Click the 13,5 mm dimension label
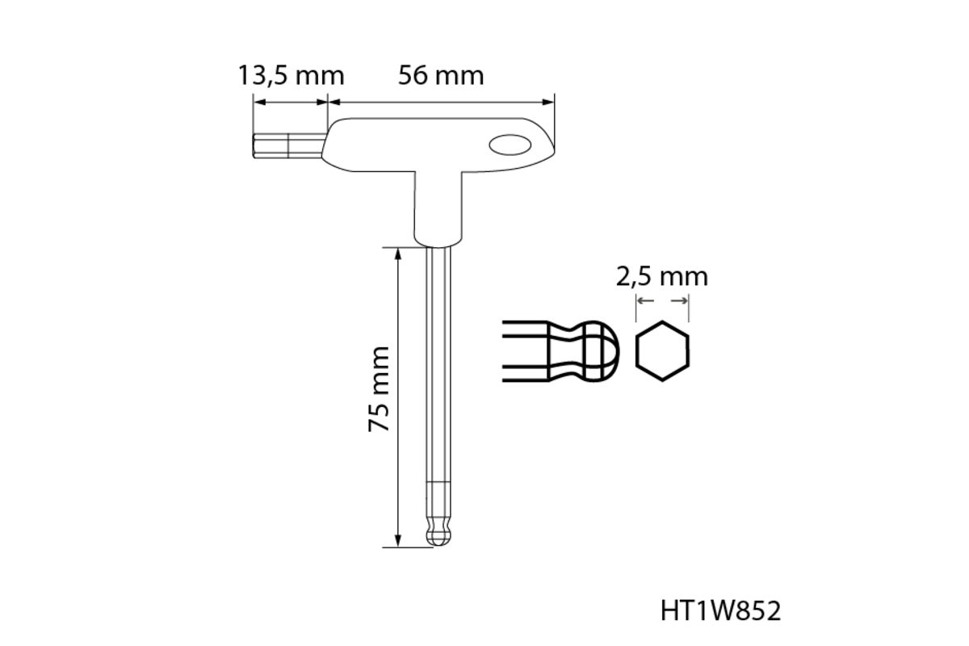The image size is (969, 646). click(x=292, y=75)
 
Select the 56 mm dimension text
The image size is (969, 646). click(x=441, y=75)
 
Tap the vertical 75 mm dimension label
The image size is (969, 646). click(x=379, y=389)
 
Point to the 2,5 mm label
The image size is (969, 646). click(x=662, y=277)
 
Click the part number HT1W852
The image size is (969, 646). click(x=720, y=611)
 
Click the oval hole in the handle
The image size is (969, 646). click(x=510, y=145)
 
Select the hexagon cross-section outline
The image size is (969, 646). click(x=662, y=351)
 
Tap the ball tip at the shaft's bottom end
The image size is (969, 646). click(x=438, y=536)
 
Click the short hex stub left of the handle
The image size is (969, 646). click(x=287, y=146)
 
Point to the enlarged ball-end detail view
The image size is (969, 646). click(x=561, y=351)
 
